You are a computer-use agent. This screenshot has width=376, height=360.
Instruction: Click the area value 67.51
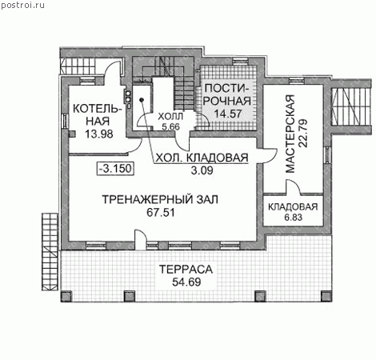161,213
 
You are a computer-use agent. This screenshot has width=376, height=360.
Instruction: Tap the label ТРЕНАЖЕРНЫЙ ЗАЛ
160,199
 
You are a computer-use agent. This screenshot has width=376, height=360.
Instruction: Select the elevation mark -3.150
115,169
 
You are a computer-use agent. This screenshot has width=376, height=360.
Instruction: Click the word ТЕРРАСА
186,270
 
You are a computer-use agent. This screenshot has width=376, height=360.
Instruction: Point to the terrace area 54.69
186,282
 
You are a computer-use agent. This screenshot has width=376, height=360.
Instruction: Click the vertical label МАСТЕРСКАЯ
290,134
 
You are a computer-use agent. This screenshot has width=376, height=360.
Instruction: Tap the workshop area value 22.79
303,134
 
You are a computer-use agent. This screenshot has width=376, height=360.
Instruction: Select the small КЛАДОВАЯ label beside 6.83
293,207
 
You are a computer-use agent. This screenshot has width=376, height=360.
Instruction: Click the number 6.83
293,218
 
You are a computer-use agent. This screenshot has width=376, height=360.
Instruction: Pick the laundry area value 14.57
228,114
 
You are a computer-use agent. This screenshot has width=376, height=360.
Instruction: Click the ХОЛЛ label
170,117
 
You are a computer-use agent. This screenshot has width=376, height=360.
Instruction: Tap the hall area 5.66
170,126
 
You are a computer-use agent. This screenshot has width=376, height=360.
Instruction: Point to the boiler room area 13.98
99,134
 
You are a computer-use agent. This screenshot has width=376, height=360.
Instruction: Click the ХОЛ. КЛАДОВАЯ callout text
202,158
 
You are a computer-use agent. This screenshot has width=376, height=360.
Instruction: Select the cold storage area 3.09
202,170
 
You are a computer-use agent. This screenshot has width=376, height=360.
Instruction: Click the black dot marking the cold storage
142,100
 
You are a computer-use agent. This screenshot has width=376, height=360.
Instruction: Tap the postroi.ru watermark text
22,6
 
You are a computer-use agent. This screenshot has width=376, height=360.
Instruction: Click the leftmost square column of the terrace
66,296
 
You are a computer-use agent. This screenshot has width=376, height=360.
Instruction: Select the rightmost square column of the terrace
326,296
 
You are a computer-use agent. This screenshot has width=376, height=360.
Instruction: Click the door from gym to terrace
141,240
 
